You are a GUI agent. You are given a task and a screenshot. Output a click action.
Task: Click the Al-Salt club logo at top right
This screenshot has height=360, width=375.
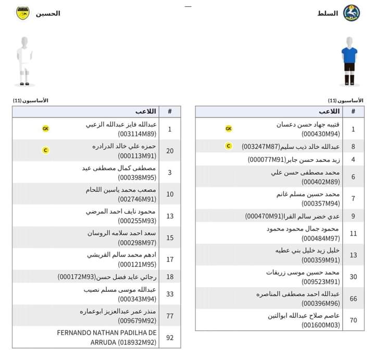coord(352,12)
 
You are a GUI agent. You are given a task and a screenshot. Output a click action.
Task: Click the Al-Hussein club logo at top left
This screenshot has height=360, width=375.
coord(23,12)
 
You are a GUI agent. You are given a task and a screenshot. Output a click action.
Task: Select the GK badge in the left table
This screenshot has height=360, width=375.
coord(46,128)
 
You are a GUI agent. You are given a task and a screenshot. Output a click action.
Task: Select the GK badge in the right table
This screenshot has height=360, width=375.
coord(229,128)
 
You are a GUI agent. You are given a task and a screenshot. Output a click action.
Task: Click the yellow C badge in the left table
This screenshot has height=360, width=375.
coord(46,150)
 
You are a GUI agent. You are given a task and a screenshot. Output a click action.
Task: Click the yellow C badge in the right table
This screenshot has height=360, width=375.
coord(229,146)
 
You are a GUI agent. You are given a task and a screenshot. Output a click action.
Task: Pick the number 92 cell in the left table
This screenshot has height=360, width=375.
coord(170,338)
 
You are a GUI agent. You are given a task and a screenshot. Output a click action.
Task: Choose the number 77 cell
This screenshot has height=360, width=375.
coord(170,315)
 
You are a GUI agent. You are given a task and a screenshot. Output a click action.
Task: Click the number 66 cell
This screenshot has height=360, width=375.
coord(353,299)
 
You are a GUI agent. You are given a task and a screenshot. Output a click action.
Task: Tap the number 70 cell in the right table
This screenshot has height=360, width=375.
coord(353,320)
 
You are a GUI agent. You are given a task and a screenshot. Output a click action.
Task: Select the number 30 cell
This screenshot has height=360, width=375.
coord(353,277)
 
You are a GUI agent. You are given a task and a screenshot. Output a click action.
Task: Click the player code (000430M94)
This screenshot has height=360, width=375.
coord(321,134)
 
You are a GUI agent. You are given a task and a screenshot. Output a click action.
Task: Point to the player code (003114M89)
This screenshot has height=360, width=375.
coord(137,134)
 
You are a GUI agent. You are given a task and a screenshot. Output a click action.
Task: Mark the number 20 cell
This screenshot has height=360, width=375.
coord(170,151)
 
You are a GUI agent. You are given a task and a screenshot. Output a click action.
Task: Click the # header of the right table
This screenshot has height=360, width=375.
coord(353,111)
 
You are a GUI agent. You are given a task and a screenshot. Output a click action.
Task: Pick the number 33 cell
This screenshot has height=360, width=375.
coord(170,293)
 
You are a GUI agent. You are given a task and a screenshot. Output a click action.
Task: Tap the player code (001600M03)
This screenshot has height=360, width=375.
coord(321,325)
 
